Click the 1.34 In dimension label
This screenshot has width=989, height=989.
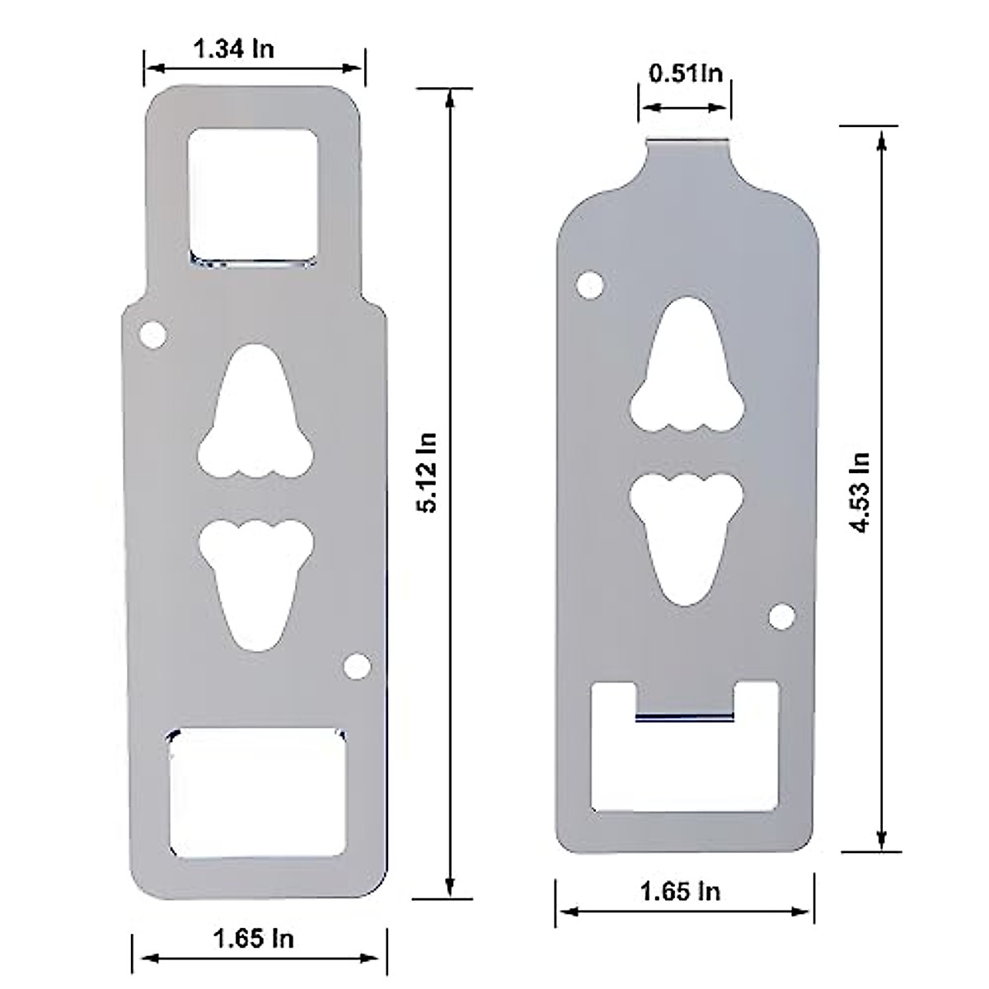coord(233,49)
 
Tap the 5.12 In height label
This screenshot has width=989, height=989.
coord(429,472)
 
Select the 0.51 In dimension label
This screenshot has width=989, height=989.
coord(685,74)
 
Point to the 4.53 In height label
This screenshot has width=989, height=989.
coord(860,493)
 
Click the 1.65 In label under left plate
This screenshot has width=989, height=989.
coord(253,938)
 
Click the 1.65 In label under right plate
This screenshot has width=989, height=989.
coord(680,891)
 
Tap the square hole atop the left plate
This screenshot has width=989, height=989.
coord(252,197)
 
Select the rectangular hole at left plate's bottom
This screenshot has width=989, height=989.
coord(258,793)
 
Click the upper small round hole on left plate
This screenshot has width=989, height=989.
coord(152,334)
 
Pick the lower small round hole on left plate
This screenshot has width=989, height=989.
coord(356,666)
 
